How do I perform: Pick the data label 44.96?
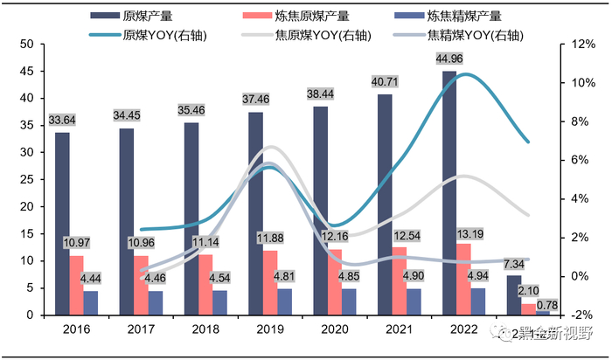click(449, 59)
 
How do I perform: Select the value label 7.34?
click(513, 265)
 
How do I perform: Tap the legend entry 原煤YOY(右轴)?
click(144, 35)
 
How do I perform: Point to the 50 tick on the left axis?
click(26, 44)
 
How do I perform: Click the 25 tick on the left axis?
click(26, 179)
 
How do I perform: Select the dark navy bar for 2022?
click(449, 193)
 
